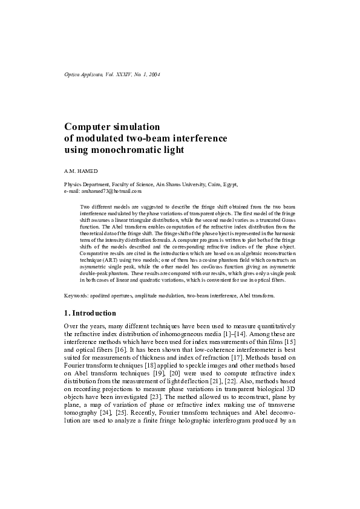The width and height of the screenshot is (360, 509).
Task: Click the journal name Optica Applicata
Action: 85,74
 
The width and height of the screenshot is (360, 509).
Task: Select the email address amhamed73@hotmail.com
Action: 111,190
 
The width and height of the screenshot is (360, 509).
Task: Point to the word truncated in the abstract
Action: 261,221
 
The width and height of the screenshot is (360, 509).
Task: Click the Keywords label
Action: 77,296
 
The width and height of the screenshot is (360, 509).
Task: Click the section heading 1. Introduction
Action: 90,313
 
